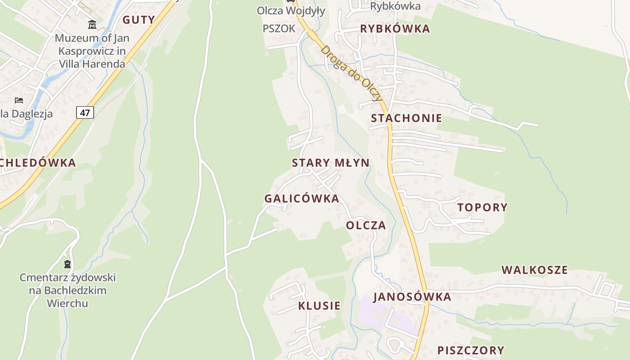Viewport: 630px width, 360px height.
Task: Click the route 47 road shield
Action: [85, 112]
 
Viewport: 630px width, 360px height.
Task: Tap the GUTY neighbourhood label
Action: [139, 20]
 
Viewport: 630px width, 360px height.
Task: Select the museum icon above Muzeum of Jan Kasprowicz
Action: [92, 24]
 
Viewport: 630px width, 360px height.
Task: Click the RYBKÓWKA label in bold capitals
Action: [395, 29]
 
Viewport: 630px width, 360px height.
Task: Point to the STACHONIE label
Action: [406, 118]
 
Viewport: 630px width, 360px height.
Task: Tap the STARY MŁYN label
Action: [331, 163]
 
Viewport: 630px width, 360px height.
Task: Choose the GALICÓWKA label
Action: [301, 198]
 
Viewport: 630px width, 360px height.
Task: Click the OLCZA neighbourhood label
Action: [366, 225]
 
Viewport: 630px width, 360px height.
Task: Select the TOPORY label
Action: [482, 207]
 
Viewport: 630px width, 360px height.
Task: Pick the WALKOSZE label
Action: [535, 270]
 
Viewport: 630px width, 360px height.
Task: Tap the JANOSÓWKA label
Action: [412, 297]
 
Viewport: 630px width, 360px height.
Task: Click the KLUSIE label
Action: [319, 306]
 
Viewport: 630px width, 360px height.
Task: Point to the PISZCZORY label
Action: [471, 350]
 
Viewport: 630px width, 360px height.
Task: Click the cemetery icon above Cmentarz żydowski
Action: [67, 264]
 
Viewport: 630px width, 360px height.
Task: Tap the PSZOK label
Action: [279, 29]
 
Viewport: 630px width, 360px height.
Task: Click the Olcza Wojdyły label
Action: [291, 11]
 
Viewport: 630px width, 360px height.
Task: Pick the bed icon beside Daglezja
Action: [19, 100]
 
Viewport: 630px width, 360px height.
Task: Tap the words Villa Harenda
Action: [92, 64]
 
